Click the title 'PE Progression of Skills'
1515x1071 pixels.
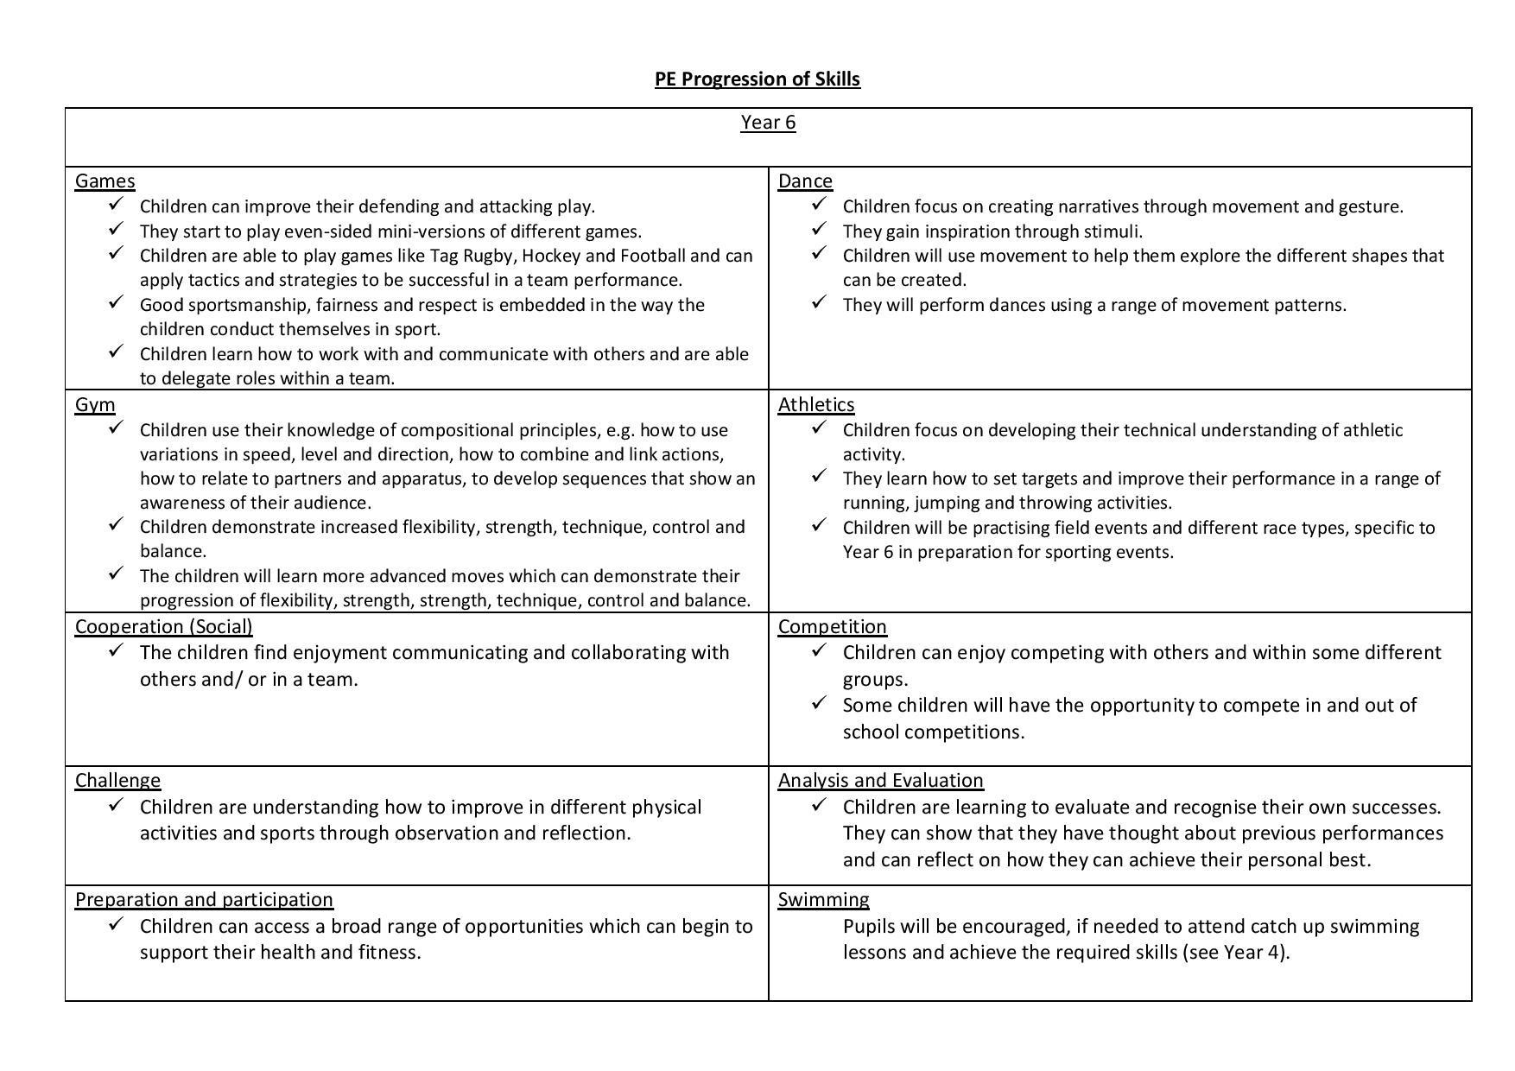[x=757, y=79]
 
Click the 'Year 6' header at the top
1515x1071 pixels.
[x=768, y=123]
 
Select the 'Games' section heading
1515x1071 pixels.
[x=105, y=181]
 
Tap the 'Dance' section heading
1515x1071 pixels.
[x=805, y=181]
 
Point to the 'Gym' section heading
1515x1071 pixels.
[x=95, y=405]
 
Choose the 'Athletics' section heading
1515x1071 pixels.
[x=816, y=405]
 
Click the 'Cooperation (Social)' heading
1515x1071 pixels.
[x=164, y=627]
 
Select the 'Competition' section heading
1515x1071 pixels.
[x=832, y=627]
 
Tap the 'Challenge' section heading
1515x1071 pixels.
[x=117, y=781]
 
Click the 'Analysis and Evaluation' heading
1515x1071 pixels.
[x=880, y=781]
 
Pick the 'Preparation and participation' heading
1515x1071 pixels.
[x=204, y=900]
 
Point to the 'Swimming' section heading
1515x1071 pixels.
[x=823, y=900]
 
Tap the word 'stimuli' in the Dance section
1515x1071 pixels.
[x=1113, y=231]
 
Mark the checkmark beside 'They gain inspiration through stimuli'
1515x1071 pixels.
[x=819, y=229]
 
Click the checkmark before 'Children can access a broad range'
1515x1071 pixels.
[x=116, y=923]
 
